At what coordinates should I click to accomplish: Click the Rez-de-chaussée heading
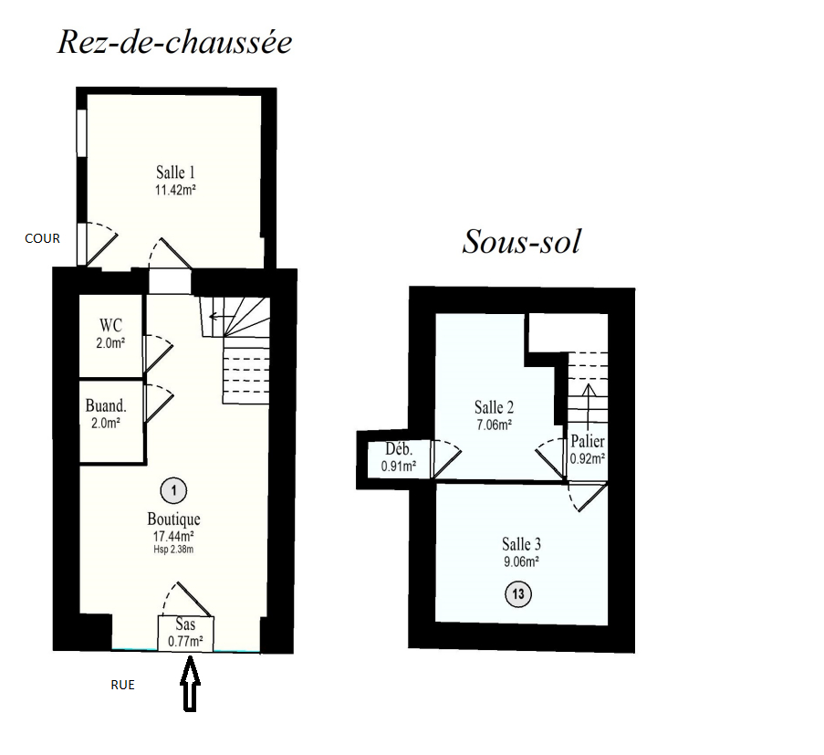pos(174,42)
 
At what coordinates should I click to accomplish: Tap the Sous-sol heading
pos(521,242)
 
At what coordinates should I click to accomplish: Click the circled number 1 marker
pos(172,491)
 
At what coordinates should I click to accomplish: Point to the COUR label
pos(42,238)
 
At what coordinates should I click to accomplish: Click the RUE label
pos(122,685)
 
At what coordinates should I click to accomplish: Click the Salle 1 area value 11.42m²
pos(177,191)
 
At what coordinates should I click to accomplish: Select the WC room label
pos(111,326)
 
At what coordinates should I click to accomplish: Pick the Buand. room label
pos(105,406)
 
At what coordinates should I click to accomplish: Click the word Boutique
pos(173,519)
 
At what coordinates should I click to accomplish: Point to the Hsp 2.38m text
pos(173,550)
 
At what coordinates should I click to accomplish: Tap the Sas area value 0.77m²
pos(185,642)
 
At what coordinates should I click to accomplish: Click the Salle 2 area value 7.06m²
pos(494,424)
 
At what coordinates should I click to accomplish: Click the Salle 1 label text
pos(176,173)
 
